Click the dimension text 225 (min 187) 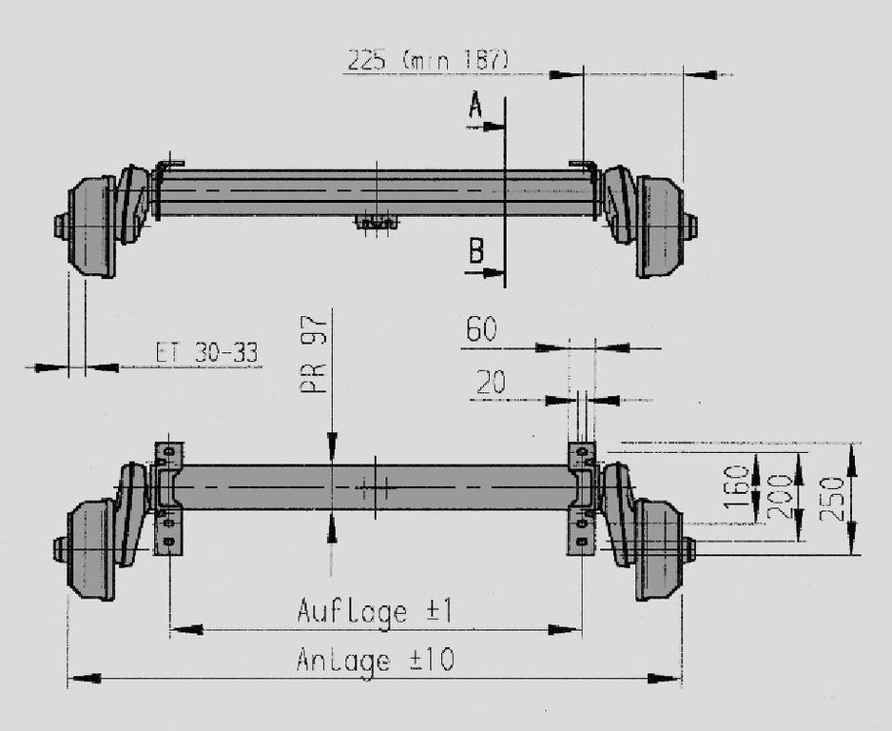tap(427, 60)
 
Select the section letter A tap(475, 106)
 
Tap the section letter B tap(475, 250)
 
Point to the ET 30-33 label tap(207, 352)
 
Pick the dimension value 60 tap(480, 329)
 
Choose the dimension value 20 tap(491, 382)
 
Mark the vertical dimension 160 tap(738, 486)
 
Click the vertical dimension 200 tap(780, 496)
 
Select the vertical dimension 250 tap(832, 499)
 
